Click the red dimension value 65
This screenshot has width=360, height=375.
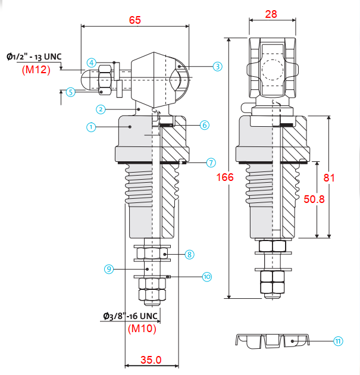click(x=135, y=20)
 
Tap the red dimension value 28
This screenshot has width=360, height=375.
click(x=271, y=14)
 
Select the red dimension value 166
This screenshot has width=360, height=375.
click(x=225, y=177)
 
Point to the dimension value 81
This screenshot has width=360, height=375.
click(x=329, y=178)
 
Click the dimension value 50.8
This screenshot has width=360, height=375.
click(x=314, y=199)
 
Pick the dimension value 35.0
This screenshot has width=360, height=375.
click(x=151, y=360)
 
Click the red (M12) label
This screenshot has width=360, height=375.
click(x=36, y=70)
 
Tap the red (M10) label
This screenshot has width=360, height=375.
click(x=142, y=329)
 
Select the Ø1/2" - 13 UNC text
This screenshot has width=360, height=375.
click(x=34, y=57)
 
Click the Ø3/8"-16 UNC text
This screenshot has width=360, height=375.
click(x=130, y=316)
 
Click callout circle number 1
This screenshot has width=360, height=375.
click(x=91, y=127)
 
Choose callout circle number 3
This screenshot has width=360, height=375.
click(x=218, y=67)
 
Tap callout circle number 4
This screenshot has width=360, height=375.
click(x=91, y=63)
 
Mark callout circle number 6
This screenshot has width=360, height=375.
click(x=205, y=125)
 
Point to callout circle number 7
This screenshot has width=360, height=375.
click(x=211, y=162)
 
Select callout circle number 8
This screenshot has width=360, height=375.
click(x=189, y=255)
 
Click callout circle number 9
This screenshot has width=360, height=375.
click(x=109, y=269)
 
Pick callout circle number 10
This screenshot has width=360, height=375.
click(x=207, y=277)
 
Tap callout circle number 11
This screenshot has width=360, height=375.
click(x=338, y=341)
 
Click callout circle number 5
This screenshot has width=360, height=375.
click(x=70, y=92)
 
